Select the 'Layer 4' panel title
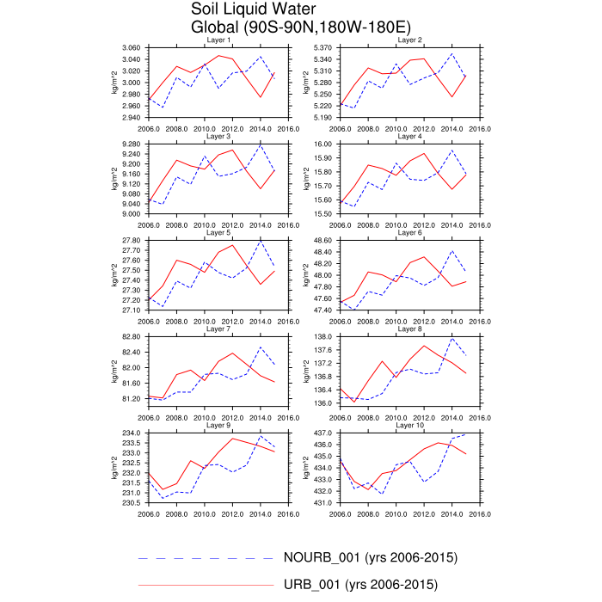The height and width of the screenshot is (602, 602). [x=409, y=136]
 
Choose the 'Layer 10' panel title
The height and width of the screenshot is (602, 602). [x=409, y=425]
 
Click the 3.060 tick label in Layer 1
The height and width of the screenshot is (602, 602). [x=132, y=47]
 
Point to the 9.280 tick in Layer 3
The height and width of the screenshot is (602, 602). [x=132, y=144]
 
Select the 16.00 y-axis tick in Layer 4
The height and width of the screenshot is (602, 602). [x=325, y=144]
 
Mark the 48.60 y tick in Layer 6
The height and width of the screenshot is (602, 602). [x=325, y=240]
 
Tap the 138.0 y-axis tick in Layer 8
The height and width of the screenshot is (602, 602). [x=325, y=336]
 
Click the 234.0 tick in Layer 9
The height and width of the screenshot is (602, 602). [x=134, y=433]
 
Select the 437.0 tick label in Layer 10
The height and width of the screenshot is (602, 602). [x=325, y=433]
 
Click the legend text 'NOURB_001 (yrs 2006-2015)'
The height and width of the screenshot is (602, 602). [x=370, y=557]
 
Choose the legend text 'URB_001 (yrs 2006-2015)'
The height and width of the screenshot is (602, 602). [x=360, y=586]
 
